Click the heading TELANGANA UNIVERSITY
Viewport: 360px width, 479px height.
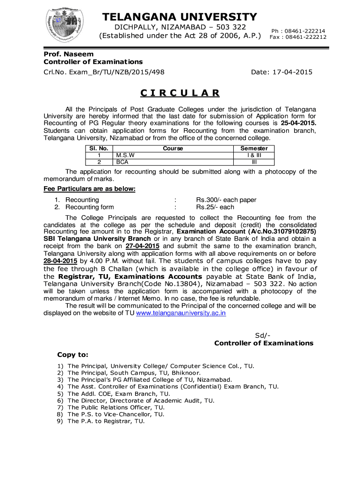pos(180,17)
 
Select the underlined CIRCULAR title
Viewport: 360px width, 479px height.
pos(180,92)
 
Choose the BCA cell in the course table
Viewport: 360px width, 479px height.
pos(122,162)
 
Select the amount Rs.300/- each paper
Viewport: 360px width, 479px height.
pos(226,200)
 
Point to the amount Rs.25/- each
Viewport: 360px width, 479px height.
pos(215,207)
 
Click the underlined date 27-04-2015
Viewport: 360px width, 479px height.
pos(143,246)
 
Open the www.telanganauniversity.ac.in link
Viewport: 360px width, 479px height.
pos(180,313)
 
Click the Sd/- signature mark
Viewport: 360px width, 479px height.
pos(263,335)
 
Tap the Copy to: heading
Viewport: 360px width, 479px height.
pos(72,355)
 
